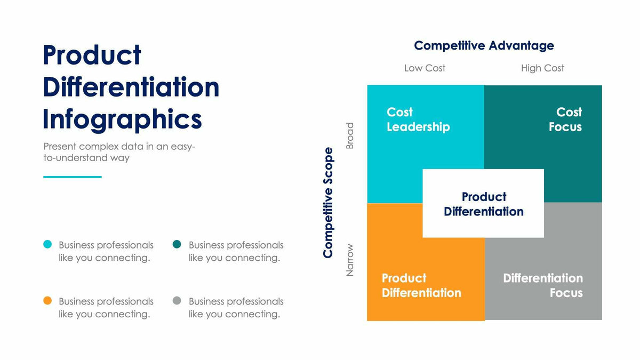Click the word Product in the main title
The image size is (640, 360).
coord(92,55)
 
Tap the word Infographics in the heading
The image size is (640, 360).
coord(122,119)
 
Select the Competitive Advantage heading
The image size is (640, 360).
coord(484,46)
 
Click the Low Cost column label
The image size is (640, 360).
coord(425,68)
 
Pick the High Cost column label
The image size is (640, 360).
coord(542,68)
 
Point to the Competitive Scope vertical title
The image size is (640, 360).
coord(329,203)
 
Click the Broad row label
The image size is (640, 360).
coord(350,136)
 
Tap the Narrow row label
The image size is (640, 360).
coord(350,260)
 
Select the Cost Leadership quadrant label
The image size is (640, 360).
coord(418,119)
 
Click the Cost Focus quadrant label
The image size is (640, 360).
coord(565,119)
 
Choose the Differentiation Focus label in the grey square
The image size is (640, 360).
coord(543,285)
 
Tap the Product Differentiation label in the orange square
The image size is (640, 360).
coord(421,285)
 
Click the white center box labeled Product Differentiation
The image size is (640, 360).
coord(483,204)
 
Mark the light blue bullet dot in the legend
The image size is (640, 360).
coord(47,245)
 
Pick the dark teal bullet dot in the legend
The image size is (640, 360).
coord(177,245)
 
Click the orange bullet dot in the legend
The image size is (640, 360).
coord(47,301)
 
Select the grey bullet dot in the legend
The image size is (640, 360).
coord(177,301)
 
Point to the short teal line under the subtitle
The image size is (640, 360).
coord(72,177)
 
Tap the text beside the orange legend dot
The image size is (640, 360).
coord(106,308)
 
